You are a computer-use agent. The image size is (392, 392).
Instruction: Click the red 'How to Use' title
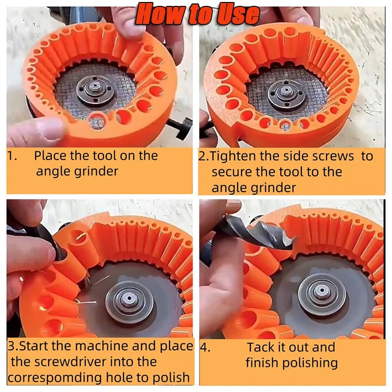click(197, 13)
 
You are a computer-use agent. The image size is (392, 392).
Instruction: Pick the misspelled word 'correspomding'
click(55, 378)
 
